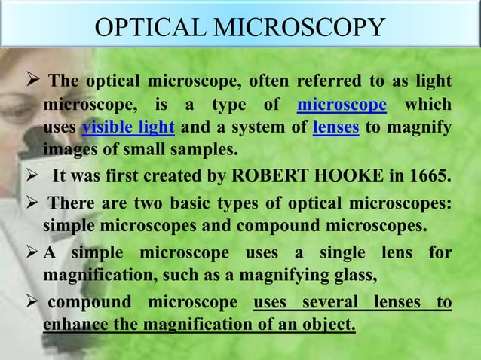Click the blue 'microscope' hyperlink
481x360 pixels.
pos(342,104)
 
